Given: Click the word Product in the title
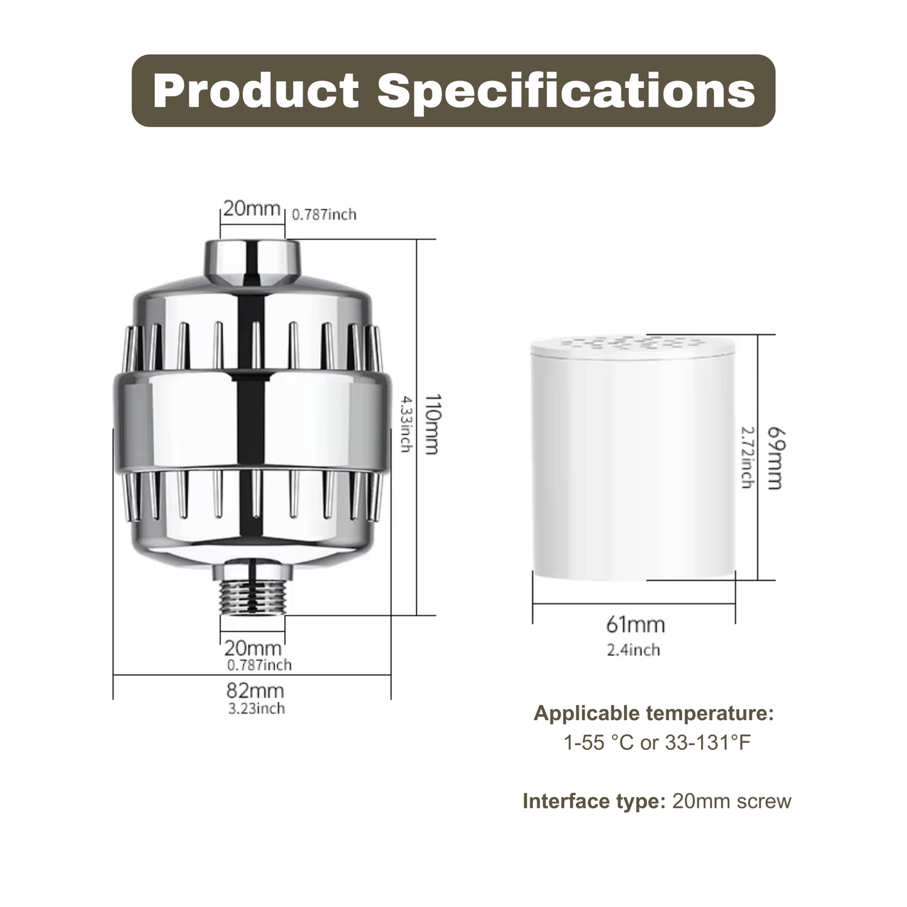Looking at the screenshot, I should (255, 91).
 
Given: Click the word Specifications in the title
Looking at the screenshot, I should (566, 91).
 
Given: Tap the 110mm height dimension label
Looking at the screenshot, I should (432, 424).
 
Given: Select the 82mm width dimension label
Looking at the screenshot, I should (255, 690).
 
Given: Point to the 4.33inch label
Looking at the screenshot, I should (405, 424).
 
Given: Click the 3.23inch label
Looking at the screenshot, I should (256, 709).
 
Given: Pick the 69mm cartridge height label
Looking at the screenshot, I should (775, 458).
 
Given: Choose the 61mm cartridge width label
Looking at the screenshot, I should (635, 625).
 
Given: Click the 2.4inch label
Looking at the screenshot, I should (633, 650).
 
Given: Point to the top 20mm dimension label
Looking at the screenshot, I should (252, 208).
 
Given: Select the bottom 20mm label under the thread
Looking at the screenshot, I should (253, 648).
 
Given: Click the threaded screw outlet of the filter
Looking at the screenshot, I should (253, 595).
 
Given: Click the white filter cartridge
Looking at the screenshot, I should (633, 464).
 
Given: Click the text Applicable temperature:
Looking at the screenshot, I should (653, 714).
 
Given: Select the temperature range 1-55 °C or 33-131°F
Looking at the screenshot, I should (657, 743).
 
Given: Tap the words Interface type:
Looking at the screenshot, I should (593, 802).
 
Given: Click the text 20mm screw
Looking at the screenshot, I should (731, 802).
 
